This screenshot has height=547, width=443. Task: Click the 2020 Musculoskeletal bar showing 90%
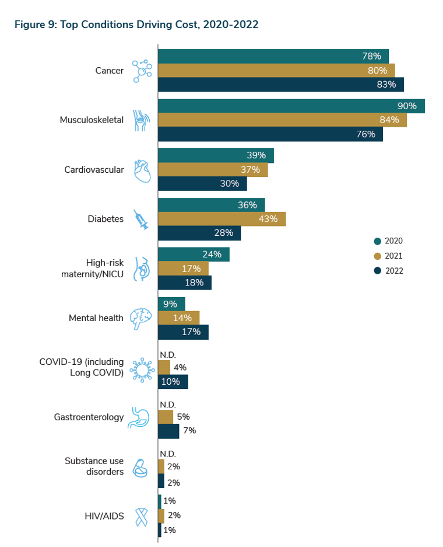pyautogui.click(x=291, y=106)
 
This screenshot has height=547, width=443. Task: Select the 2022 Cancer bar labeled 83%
pyautogui.click(x=280, y=85)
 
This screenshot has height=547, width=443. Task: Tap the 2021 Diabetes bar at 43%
pyautogui.click(x=221, y=219)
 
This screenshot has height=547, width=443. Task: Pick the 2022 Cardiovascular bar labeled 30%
pyautogui.click(x=202, y=184)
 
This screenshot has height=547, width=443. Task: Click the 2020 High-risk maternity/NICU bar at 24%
pyautogui.click(x=194, y=255)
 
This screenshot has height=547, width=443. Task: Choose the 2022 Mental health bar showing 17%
pyautogui.click(x=183, y=332)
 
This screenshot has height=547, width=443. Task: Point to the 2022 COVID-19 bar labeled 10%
pyautogui.click(x=173, y=382)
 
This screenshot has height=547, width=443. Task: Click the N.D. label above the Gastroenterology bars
pyautogui.click(x=168, y=405)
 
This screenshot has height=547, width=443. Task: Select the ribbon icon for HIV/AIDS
pyautogui.click(x=141, y=516)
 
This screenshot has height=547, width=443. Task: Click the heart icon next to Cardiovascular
pyautogui.click(x=142, y=170)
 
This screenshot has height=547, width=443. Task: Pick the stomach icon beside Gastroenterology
pyautogui.click(x=140, y=418)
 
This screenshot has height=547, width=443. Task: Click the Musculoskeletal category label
pyautogui.click(x=92, y=120)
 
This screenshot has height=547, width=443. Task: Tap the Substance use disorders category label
pyautogui.click(x=94, y=466)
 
